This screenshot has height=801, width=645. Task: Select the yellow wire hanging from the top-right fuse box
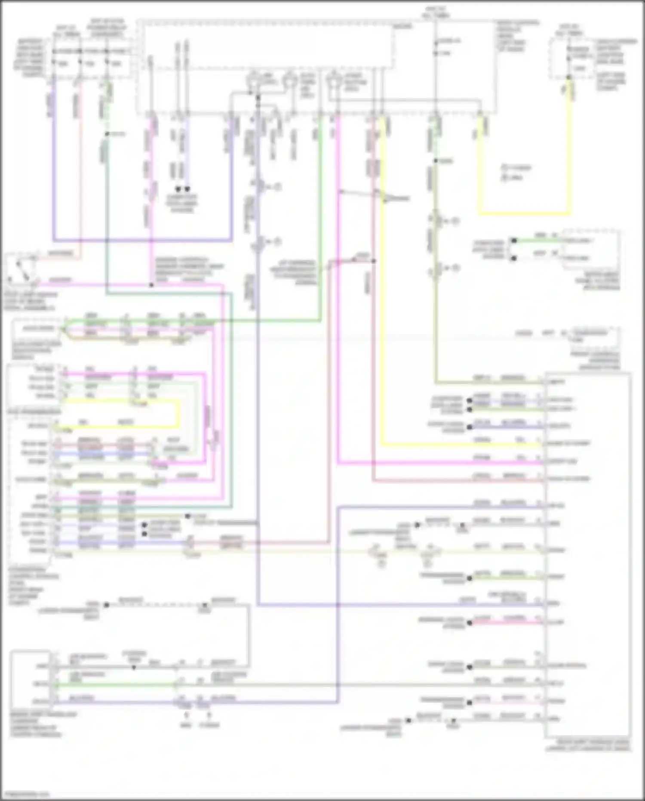pyautogui.click(x=570, y=151)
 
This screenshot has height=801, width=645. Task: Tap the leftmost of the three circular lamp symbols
pyautogui.click(x=254, y=80)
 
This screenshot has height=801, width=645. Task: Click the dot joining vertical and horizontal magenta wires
pyautogui.click(x=151, y=285)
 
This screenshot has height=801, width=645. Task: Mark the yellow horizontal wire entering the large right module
pyautogui.click(x=460, y=445)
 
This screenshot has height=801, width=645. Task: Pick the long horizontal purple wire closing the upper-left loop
pyautogui.click(x=142, y=240)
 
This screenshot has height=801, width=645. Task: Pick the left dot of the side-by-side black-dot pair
pyautogui.click(x=178, y=189)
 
